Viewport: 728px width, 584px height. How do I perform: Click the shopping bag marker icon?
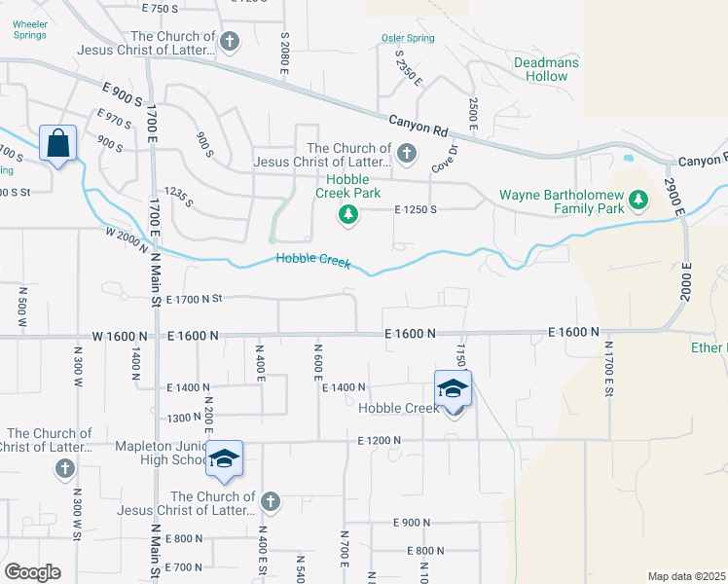(x=58, y=143)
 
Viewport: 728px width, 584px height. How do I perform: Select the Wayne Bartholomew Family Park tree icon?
(x=638, y=201)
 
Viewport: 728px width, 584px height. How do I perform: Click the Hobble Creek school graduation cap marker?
(x=453, y=388)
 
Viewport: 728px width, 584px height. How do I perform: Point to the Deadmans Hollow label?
(x=546, y=70)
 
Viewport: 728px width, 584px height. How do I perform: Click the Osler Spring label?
(x=407, y=39)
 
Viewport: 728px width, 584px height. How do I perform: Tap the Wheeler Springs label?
(x=29, y=31)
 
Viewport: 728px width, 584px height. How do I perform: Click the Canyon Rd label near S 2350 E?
(x=418, y=126)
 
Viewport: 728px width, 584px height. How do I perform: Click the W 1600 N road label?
(x=120, y=336)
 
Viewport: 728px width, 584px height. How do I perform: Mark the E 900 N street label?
(x=412, y=523)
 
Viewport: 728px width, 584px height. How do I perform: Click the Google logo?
(x=32, y=572)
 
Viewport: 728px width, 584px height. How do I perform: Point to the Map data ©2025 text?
(x=687, y=576)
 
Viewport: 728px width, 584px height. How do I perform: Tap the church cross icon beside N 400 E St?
(x=271, y=501)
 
